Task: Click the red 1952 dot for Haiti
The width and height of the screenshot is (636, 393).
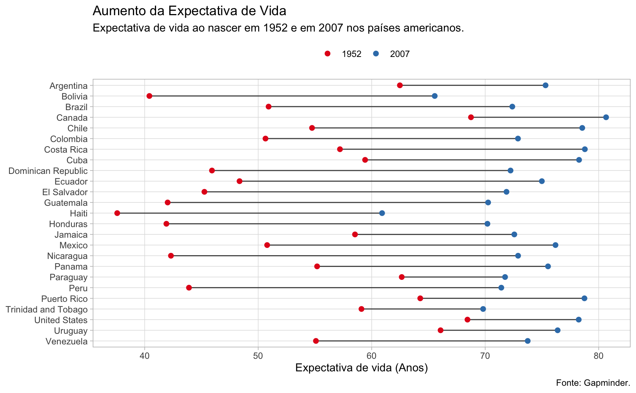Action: point(117,213)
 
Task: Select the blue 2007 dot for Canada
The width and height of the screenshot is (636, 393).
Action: point(606,117)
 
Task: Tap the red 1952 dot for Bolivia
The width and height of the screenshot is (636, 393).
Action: point(149,96)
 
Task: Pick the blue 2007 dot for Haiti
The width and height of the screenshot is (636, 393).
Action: point(382,213)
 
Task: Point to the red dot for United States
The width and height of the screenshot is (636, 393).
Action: point(467,320)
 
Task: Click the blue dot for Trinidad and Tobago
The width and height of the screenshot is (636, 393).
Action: point(483,309)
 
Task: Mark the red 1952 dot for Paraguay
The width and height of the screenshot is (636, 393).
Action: point(402,277)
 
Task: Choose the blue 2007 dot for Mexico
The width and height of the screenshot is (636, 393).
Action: point(556,245)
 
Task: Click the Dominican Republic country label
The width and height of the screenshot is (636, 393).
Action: point(48,171)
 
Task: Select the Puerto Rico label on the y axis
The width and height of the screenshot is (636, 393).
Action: point(65,298)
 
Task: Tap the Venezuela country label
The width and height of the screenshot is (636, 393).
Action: point(66,341)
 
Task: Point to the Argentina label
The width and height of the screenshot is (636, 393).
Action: point(68,86)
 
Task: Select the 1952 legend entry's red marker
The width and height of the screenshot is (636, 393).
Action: point(327,54)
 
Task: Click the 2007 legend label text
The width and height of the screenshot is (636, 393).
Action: point(400,54)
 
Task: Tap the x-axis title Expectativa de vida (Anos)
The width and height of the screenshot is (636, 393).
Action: point(361,368)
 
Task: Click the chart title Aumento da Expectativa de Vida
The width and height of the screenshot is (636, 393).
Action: point(189,11)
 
